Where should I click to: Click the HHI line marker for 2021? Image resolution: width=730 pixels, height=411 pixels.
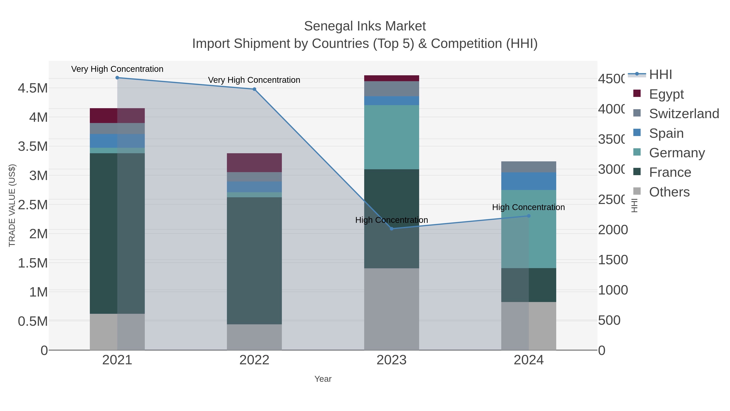click(117, 78)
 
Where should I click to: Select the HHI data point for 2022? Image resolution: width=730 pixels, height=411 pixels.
click(254, 89)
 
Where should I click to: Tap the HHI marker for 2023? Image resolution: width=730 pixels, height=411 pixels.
click(391, 229)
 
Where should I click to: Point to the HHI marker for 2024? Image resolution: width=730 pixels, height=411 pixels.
click(528, 216)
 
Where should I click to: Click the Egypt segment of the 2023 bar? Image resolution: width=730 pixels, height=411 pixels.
click(391, 78)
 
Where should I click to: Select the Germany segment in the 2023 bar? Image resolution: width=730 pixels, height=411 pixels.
click(391, 137)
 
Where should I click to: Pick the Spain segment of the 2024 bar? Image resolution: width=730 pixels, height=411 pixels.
click(528, 181)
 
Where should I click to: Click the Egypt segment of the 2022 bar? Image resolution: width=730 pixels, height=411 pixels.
click(254, 163)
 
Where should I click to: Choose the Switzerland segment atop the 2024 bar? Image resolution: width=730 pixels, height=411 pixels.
click(528, 167)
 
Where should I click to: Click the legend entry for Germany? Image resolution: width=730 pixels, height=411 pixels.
click(676, 153)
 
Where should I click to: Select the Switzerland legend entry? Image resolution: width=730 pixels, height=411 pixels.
click(684, 114)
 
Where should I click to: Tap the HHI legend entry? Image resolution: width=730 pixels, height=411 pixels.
click(660, 75)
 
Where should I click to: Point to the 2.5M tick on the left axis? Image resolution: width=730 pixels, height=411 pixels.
click(33, 205)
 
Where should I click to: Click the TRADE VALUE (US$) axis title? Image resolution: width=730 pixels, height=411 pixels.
click(12, 205)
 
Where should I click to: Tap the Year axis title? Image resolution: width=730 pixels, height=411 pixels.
click(323, 379)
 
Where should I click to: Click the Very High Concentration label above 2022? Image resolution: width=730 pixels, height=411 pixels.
click(254, 80)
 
